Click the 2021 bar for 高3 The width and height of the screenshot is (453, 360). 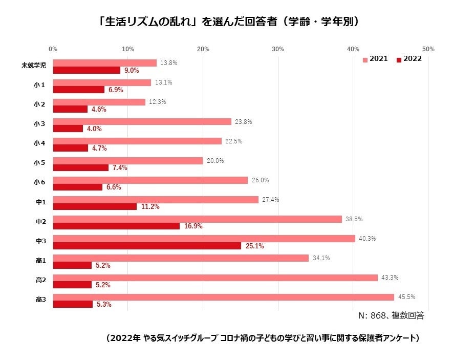tap(223, 297)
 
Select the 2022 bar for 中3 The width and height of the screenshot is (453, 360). tap(147, 246)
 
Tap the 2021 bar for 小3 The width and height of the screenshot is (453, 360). tap(142, 122)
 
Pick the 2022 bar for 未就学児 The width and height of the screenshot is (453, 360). tap(87, 70)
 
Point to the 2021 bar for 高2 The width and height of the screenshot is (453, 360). tap(215, 278)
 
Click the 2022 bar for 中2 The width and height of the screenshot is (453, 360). tap(116, 226)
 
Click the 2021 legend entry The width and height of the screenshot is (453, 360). tap(375, 59)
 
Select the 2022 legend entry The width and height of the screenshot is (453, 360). tap(409, 59)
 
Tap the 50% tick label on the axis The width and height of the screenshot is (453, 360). tap(428, 49)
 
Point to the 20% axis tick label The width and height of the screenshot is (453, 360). tap(203, 49)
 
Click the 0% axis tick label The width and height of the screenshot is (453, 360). tap(53, 49)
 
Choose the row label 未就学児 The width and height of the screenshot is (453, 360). tap(37, 67)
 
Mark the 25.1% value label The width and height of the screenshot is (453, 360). tap(254, 246)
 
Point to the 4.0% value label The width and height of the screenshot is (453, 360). tap(94, 129)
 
